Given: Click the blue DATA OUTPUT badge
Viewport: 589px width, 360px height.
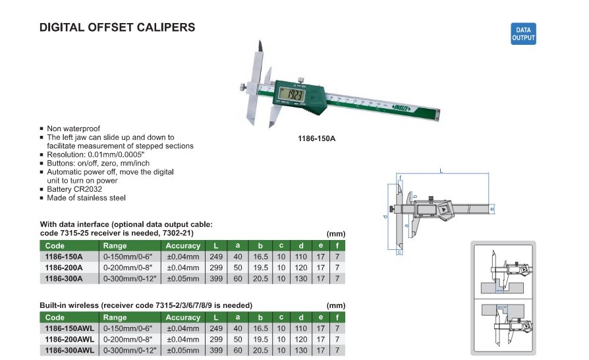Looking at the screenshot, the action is click(523, 34).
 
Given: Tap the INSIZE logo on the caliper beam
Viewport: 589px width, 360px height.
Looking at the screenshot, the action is click(401, 108).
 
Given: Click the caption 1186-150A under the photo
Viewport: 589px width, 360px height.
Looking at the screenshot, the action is click(317, 138).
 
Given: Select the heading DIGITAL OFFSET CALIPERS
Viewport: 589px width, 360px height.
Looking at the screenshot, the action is click(117, 28).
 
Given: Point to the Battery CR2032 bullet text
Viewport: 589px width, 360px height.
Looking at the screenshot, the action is click(74, 189).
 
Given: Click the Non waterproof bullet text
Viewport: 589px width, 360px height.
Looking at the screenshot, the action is click(73, 129).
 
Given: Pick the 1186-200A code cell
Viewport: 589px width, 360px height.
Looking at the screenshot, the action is click(64, 268).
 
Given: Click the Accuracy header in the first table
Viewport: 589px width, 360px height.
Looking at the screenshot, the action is click(183, 246).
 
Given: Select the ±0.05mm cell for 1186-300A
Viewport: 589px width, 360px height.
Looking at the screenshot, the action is click(183, 278).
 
